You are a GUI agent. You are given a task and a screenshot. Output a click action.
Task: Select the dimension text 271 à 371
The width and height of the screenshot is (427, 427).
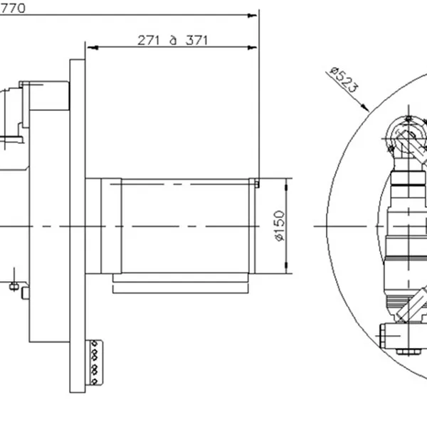173,40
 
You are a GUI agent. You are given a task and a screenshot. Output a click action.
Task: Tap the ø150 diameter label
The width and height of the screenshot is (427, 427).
280,226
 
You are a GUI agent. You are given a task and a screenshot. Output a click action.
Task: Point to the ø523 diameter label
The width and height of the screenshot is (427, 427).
344,83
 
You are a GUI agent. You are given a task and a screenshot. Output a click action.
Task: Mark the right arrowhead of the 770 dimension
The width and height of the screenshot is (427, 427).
253,14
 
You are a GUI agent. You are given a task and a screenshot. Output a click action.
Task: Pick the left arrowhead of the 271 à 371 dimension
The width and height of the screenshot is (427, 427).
90,48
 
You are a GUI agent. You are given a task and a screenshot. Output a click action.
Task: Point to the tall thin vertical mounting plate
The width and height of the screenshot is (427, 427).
75,228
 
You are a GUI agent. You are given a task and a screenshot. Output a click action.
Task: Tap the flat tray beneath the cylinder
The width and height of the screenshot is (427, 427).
181,288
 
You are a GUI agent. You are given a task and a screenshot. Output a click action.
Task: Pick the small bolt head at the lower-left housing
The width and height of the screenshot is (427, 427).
26,292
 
